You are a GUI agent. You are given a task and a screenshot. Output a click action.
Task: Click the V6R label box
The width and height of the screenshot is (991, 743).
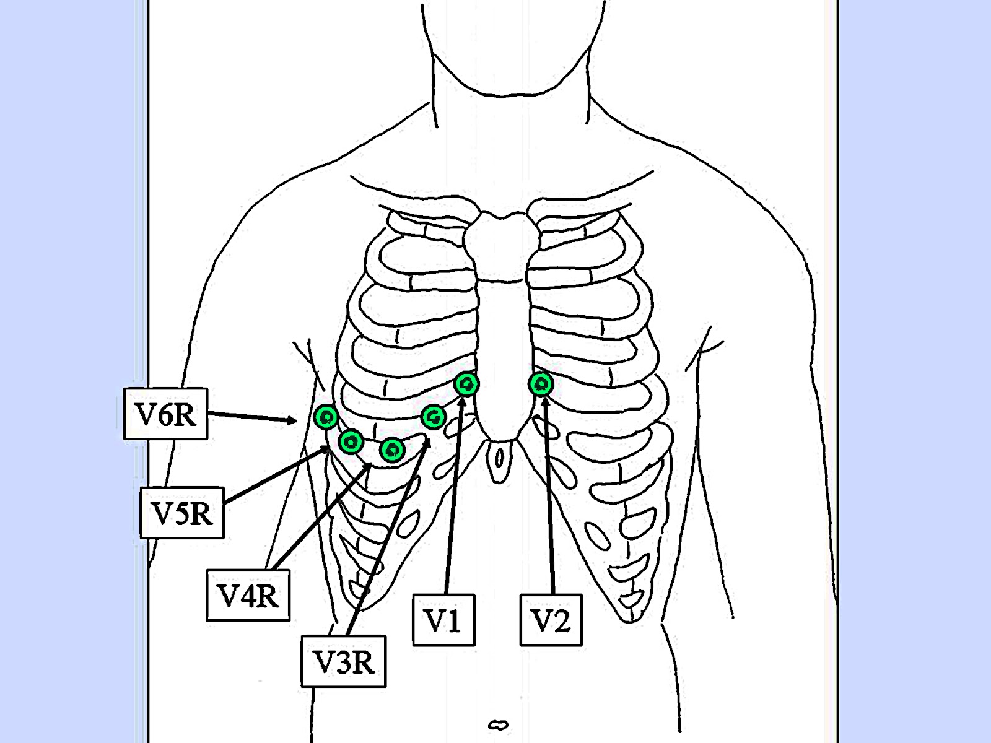(x=165, y=414)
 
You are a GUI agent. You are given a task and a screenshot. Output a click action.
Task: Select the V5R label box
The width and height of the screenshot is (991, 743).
(x=182, y=513)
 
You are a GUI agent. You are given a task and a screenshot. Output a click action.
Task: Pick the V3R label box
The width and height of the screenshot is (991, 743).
(x=344, y=661)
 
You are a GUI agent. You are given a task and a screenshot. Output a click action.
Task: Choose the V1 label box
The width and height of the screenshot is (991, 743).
(x=443, y=620)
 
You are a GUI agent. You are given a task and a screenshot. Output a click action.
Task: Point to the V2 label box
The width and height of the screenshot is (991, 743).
(x=551, y=620)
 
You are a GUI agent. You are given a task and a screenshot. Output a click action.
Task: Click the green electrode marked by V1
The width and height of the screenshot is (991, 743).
(x=466, y=385)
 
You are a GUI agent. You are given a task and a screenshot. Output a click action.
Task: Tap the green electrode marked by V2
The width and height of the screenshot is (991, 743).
(x=541, y=385)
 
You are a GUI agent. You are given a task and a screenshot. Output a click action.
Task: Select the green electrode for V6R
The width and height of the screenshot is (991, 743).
(x=325, y=416)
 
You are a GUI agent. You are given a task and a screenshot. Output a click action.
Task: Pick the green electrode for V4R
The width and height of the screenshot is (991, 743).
(x=392, y=450)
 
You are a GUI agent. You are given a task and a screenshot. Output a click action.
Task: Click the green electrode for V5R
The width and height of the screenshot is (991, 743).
(x=351, y=441)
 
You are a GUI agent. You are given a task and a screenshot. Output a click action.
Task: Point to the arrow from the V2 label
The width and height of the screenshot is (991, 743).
(x=549, y=495)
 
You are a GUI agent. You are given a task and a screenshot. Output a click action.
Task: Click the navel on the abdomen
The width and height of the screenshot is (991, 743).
(x=498, y=724)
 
